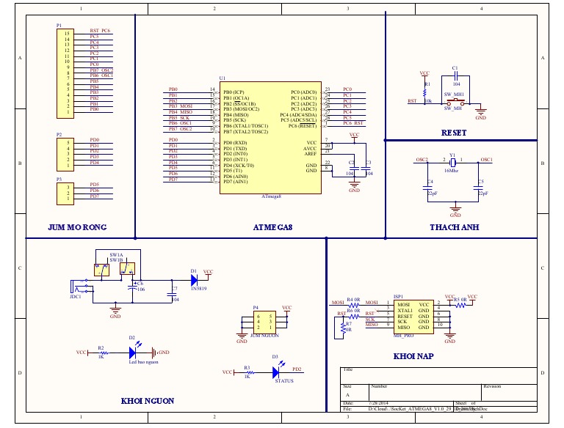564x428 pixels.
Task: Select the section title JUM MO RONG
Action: (77, 227)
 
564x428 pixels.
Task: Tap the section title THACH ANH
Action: (454, 227)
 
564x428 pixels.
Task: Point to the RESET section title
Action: (454, 133)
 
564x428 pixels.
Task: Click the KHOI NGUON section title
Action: (147, 401)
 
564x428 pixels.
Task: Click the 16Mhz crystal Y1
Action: (453, 163)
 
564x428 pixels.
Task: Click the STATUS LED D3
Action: (275, 372)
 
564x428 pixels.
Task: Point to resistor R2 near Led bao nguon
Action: (101, 353)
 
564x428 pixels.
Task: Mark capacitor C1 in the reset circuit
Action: (455, 75)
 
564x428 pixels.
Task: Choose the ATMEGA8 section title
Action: (272, 227)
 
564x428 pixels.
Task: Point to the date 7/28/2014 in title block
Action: (379, 403)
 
